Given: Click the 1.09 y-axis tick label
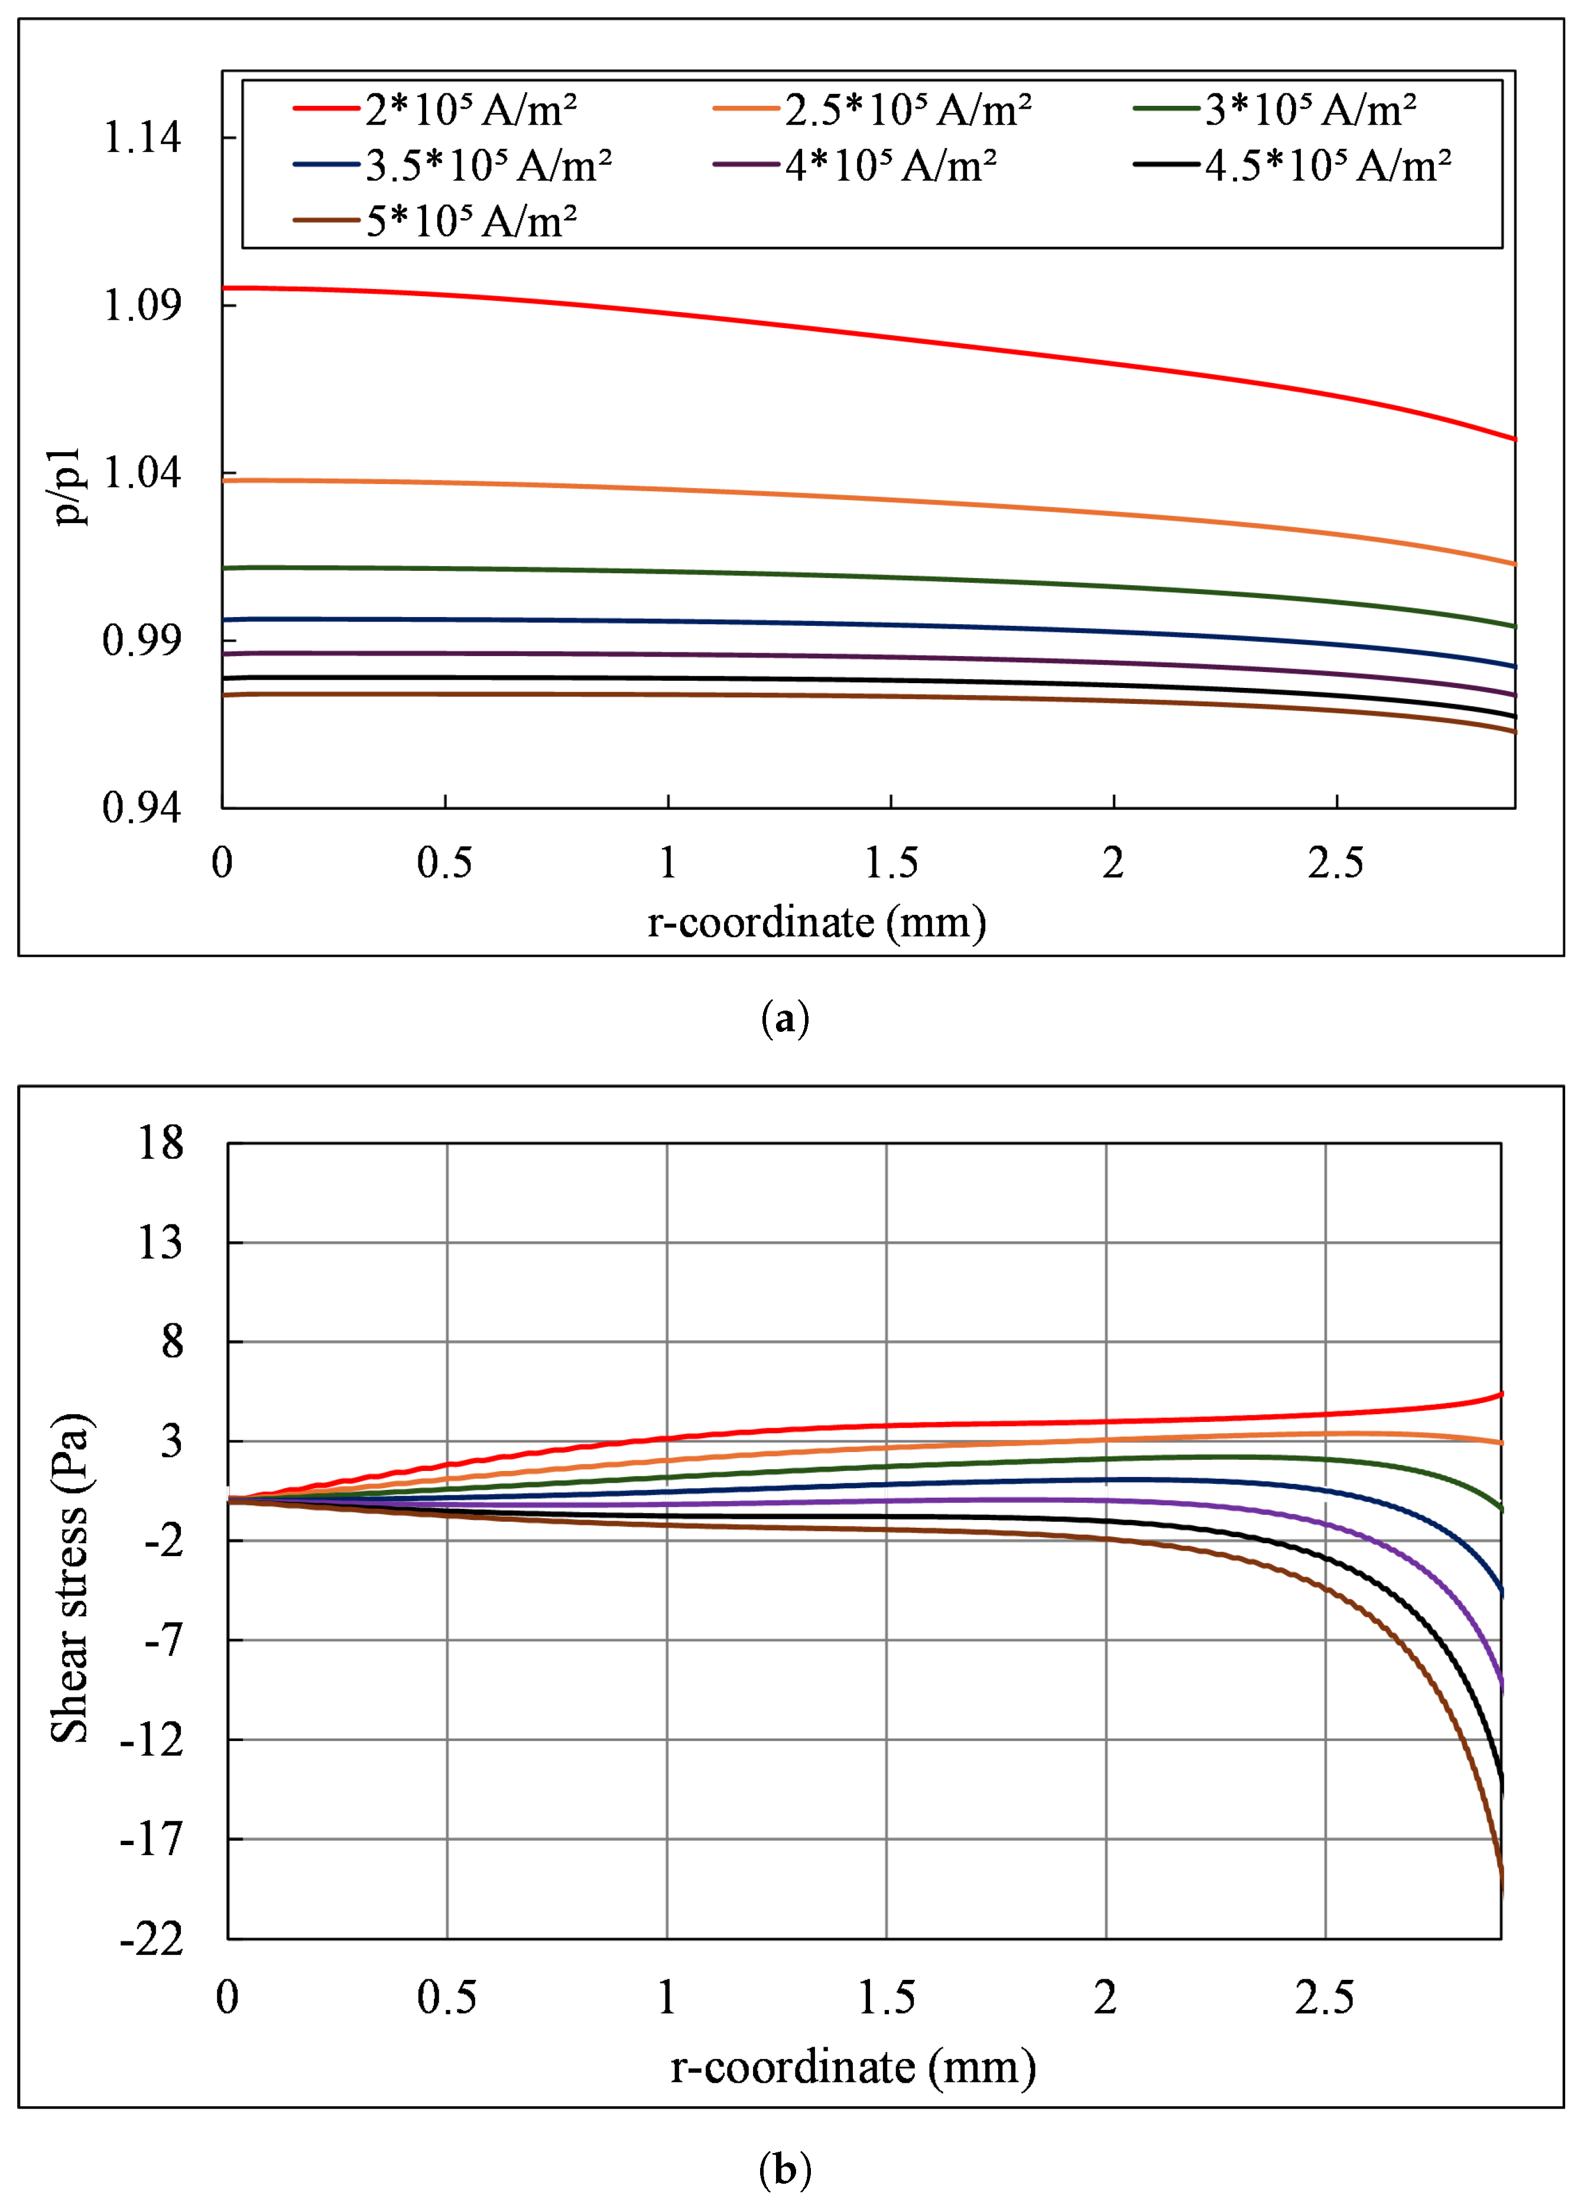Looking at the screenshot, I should (x=142, y=306).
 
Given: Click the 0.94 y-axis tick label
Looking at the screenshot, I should (x=142, y=807).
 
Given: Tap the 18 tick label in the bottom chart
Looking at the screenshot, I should (x=160, y=1142).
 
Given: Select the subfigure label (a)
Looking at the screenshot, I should (x=785, y=1019).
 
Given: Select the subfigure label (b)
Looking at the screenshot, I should (x=785, y=2169).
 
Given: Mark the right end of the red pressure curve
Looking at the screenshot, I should (x=1513, y=439).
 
